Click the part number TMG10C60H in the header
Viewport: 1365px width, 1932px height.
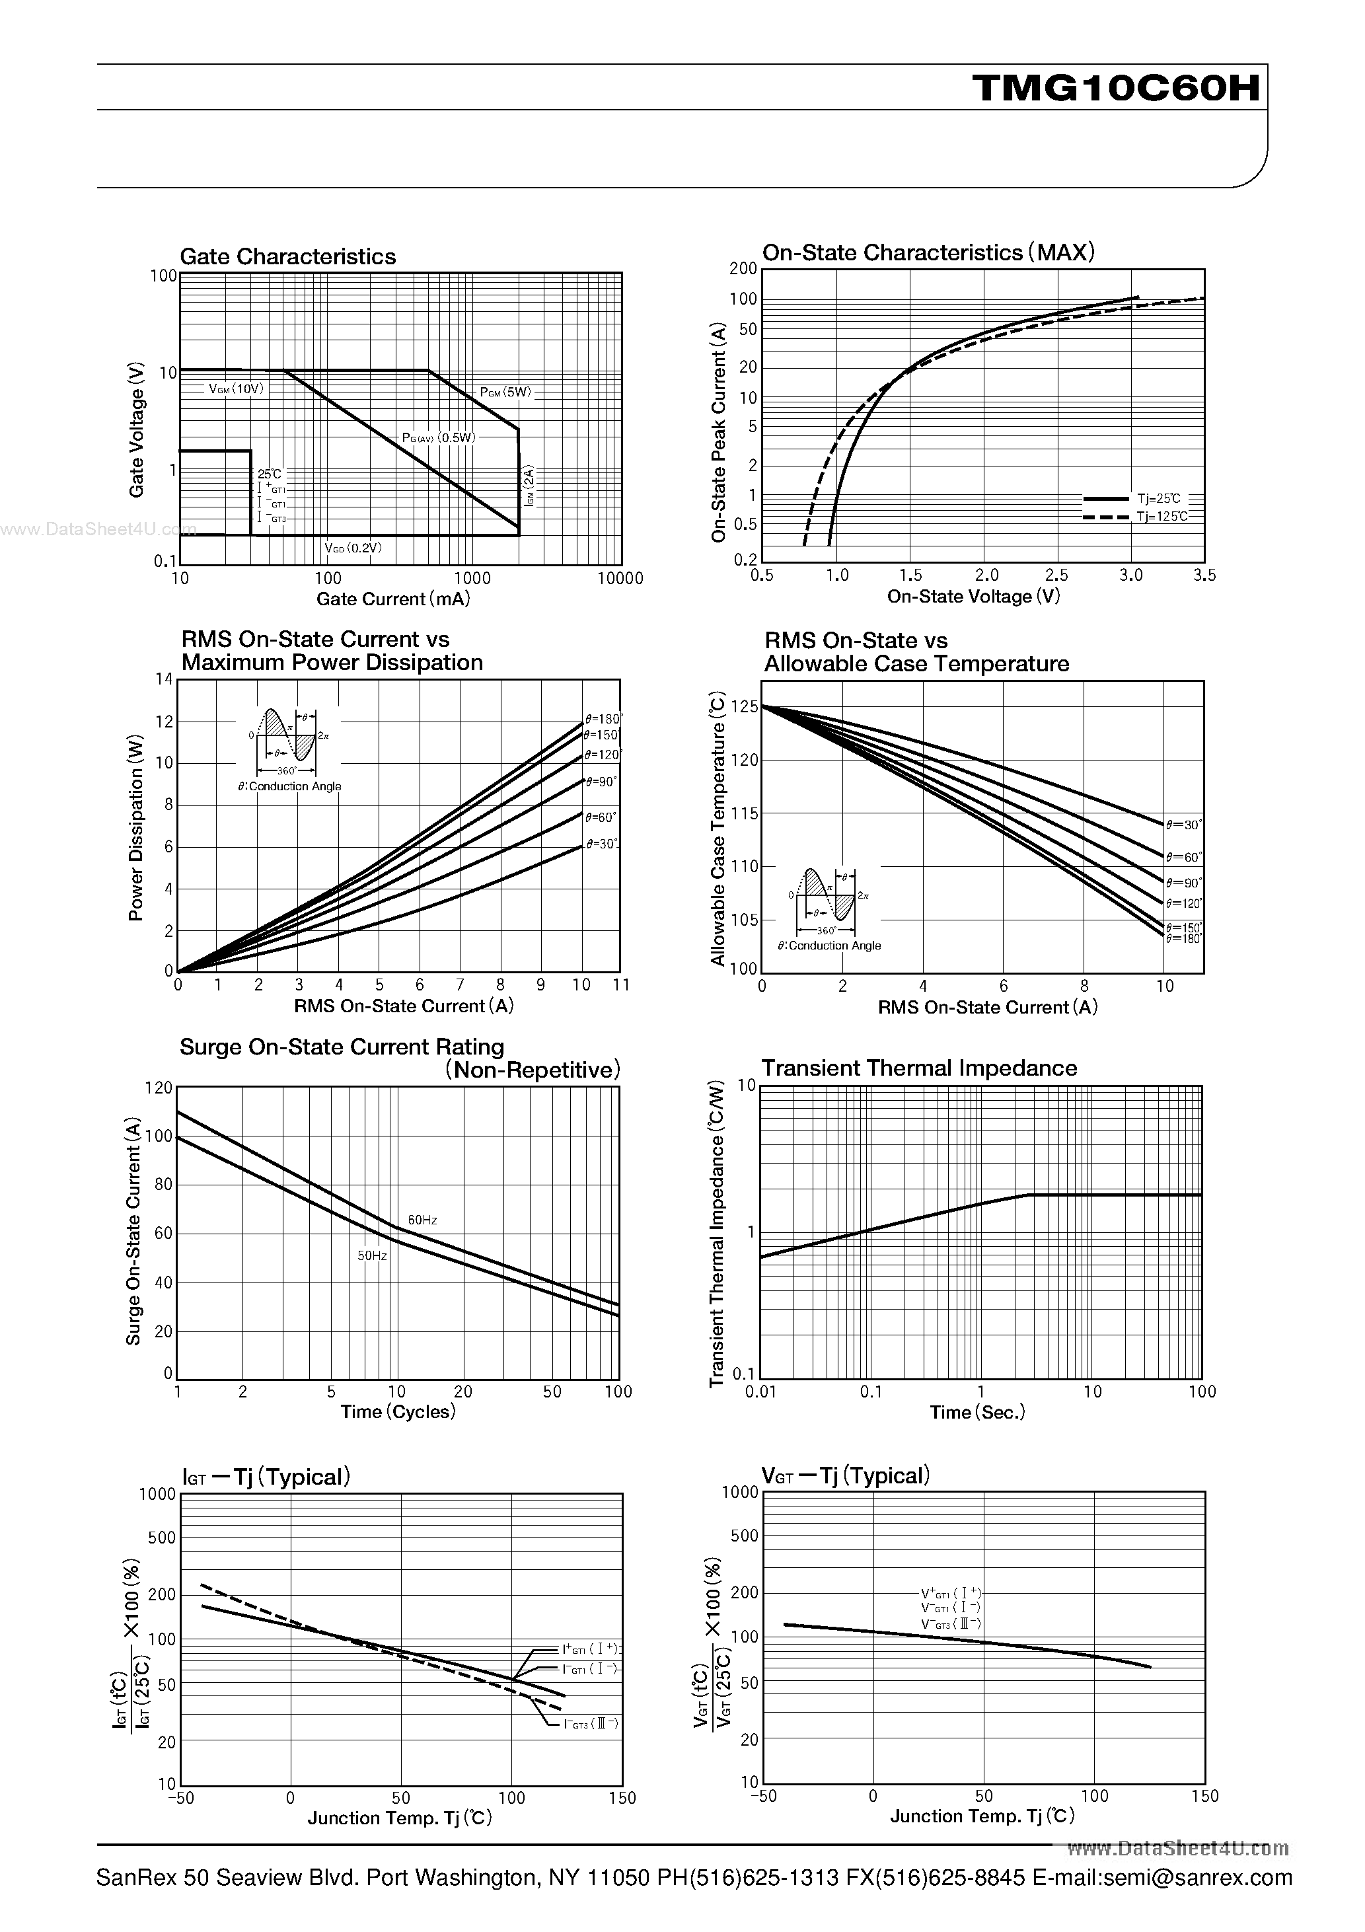coord(1117,87)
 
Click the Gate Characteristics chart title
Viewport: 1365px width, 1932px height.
coord(288,256)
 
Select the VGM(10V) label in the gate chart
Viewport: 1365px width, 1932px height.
coord(237,389)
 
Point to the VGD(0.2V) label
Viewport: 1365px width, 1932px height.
coord(353,548)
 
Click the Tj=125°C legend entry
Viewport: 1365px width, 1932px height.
coord(1162,517)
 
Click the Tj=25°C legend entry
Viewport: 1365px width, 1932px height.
coord(1159,499)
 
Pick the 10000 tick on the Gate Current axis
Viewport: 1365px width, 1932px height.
coord(620,578)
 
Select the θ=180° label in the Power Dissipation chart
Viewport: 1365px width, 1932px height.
coord(603,720)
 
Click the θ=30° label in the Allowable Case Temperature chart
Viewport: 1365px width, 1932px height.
coord(1183,825)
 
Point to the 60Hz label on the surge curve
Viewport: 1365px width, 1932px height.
coord(422,1220)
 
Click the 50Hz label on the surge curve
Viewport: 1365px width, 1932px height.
coord(372,1255)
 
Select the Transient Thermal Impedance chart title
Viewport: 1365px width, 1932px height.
coord(919,1068)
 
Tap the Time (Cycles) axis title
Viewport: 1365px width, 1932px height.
coord(398,1411)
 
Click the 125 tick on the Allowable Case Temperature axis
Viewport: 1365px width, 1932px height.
coord(744,707)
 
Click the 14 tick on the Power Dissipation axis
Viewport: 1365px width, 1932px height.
coord(163,679)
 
